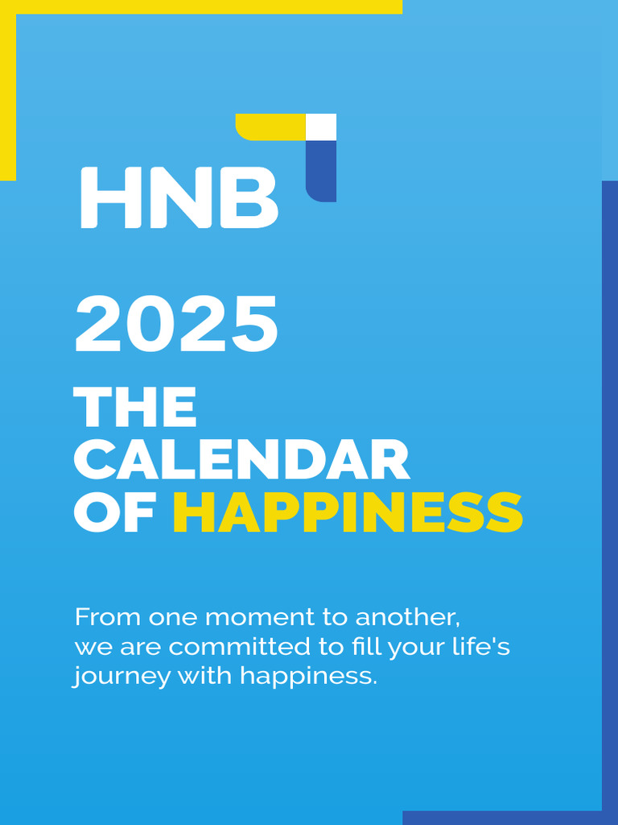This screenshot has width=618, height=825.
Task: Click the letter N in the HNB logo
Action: pyautogui.click(x=177, y=197)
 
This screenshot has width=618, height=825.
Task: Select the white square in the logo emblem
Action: pyautogui.click(x=321, y=127)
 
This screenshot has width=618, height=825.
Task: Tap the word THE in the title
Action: pyautogui.click(x=135, y=408)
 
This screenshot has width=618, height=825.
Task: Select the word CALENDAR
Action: pyautogui.click(x=242, y=460)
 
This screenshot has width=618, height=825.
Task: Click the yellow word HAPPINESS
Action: pyautogui.click(x=348, y=512)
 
